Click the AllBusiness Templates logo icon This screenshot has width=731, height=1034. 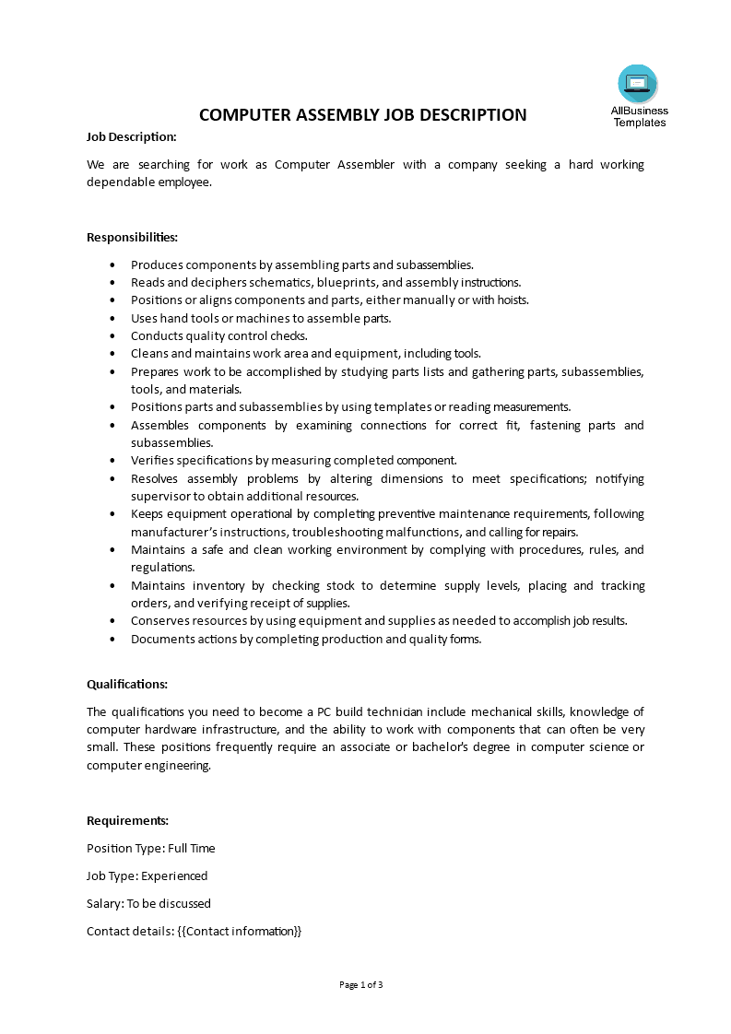point(637,83)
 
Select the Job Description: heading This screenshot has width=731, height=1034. point(131,136)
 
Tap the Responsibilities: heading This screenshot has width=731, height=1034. point(132,237)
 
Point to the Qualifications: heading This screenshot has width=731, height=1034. point(127,684)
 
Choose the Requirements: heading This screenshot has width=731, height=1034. point(127,820)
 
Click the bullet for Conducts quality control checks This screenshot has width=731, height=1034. point(112,336)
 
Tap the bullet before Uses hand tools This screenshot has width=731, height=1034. point(112,319)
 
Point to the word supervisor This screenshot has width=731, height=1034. point(159,496)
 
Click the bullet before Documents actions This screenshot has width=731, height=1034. point(112,640)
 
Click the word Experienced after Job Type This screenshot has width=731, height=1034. point(174,875)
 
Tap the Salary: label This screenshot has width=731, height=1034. point(105,903)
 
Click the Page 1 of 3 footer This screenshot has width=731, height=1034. point(361,984)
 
